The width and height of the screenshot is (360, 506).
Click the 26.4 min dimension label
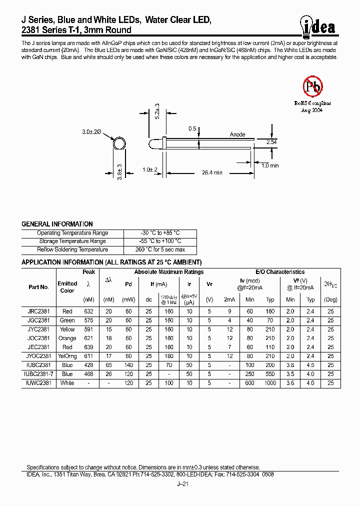(211, 172)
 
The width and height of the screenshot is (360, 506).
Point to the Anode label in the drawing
(237, 134)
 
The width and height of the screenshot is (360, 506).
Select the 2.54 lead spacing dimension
(271, 142)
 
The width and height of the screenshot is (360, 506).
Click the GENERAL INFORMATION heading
(57, 224)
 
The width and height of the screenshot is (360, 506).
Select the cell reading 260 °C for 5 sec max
(160, 249)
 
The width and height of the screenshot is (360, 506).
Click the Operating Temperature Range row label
(72, 233)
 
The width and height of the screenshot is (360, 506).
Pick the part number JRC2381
(38, 311)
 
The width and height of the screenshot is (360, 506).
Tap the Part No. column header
(38, 287)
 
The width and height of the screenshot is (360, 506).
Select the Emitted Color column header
(67, 287)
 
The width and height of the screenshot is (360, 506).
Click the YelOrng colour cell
(67, 356)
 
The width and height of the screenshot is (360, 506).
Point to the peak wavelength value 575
(89, 320)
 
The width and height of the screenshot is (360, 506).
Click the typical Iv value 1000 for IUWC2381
(270, 383)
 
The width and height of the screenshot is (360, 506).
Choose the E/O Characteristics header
(280, 272)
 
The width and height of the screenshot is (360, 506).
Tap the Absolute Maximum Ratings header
(168, 272)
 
